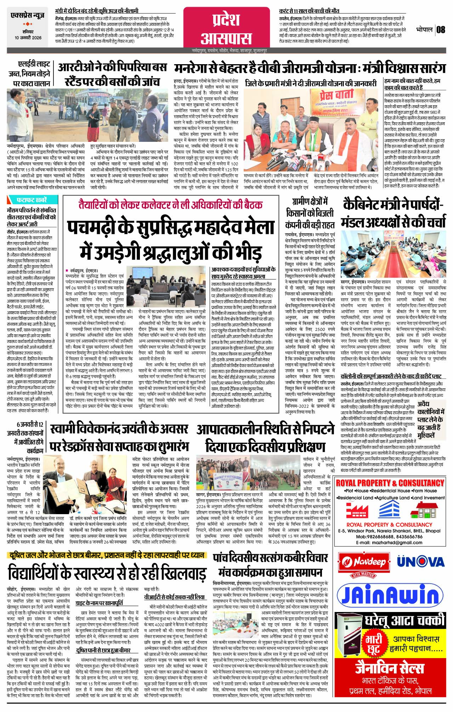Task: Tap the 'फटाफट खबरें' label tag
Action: (x=32, y=200)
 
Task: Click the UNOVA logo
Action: (x=420, y=561)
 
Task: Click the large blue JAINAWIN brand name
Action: (x=390, y=594)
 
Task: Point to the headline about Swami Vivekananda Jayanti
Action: (x=119, y=437)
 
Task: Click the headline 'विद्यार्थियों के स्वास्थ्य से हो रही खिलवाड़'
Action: (x=107, y=573)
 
